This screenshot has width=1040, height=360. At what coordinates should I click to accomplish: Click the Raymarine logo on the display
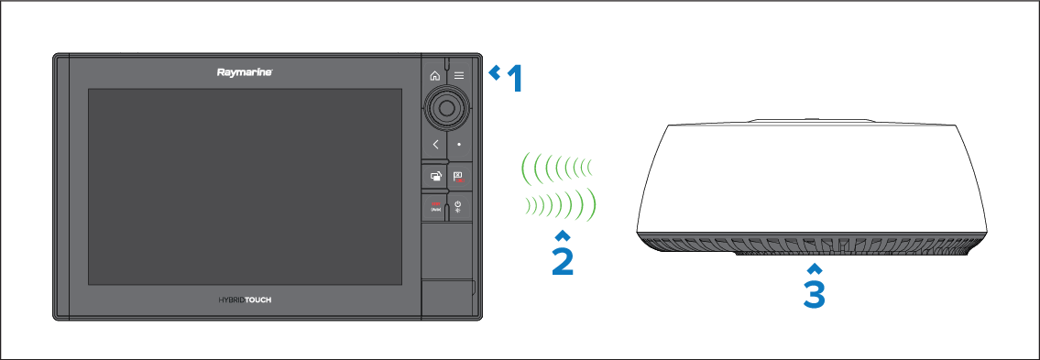click(x=245, y=72)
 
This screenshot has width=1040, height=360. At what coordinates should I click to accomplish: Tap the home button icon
click(x=435, y=76)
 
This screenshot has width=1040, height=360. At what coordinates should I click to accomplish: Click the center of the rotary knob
click(x=446, y=107)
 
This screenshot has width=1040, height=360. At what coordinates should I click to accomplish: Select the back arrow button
click(x=435, y=144)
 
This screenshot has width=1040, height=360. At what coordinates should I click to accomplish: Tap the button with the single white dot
click(x=459, y=144)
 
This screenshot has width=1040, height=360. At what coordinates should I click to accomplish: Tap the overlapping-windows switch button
click(x=435, y=177)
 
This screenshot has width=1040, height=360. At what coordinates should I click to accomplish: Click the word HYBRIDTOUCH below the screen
click(x=245, y=300)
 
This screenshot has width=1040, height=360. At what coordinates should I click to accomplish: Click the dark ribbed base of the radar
click(x=808, y=244)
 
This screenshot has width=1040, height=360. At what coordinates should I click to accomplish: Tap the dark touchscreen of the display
click(x=245, y=187)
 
